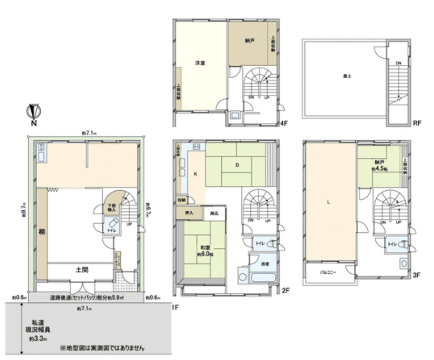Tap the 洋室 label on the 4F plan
coord(199,63)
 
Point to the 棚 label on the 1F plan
coord(42,232)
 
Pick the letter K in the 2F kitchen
coord(195,174)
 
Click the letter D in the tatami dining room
coord(236,165)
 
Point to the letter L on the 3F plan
coord(329,203)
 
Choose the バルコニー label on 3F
coord(329,272)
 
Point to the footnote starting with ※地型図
coord(102,348)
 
